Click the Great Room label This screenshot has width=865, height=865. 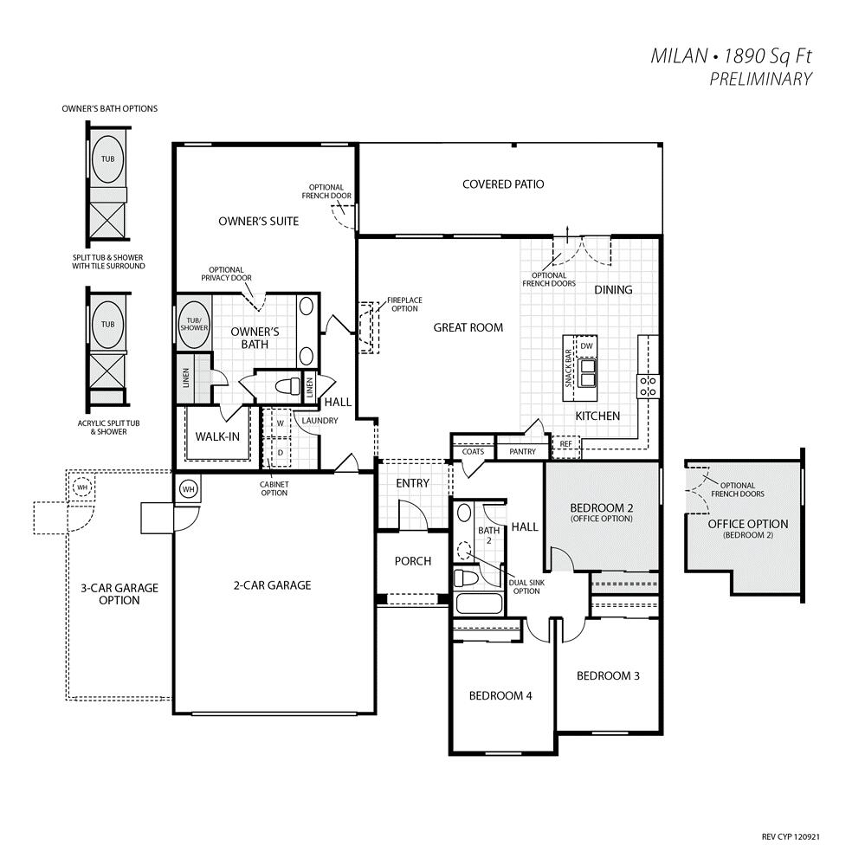tap(468, 327)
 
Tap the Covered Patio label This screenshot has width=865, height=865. tap(503, 184)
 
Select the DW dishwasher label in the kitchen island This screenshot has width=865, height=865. tap(586, 345)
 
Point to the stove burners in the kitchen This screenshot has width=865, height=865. tap(648, 386)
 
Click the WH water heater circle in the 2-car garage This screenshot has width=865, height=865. tap(189, 489)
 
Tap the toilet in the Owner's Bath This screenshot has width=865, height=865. tap(287, 385)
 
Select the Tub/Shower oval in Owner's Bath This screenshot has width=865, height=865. tap(194, 325)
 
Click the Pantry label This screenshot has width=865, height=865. tap(522, 451)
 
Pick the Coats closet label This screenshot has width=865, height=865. tap(473, 451)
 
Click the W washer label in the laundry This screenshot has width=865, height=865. tap(281, 423)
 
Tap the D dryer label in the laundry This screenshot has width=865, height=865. tap(281, 452)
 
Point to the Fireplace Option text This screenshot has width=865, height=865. tap(404, 305)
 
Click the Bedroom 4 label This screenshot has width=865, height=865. tap(500, 696)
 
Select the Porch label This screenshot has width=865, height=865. tap(413, 562)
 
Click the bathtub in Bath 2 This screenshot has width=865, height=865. tap(479, 604)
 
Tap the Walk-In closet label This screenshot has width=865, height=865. tap(217, 437)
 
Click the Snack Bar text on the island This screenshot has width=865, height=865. tap(568, 368)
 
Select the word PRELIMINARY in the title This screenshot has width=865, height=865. tap(761, 80)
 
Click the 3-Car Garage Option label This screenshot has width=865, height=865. tap(119, 594)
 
